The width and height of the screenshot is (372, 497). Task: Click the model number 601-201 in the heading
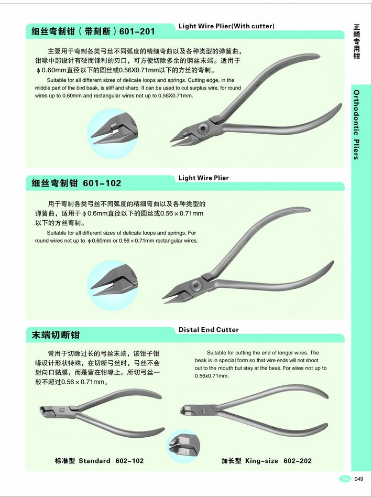coord(137,31)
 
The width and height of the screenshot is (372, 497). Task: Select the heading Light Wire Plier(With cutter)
coord(226,26)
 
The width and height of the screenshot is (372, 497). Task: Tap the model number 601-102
coord(102,183)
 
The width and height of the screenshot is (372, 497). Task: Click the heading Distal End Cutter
coord(209,330)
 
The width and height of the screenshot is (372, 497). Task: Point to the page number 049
coord(359,479)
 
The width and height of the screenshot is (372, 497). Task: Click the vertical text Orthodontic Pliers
coord(357,125)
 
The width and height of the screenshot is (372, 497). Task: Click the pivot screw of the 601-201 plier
coord(202,128)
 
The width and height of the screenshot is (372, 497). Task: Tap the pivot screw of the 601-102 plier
coord(196,284)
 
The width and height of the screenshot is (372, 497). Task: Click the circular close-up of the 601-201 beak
coord(113,134)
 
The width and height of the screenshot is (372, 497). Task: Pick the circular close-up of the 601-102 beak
coord(113,285)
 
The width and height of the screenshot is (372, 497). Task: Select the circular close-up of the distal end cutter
coord(183,446)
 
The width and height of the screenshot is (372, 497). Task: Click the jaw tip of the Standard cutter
coord(42,412)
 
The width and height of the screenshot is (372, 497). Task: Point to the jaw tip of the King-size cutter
coord(182,410)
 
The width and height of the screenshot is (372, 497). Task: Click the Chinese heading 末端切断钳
coord(56,335)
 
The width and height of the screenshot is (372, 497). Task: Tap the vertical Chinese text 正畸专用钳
coord(357,41)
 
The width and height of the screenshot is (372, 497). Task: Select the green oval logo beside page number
coord(345,479)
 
